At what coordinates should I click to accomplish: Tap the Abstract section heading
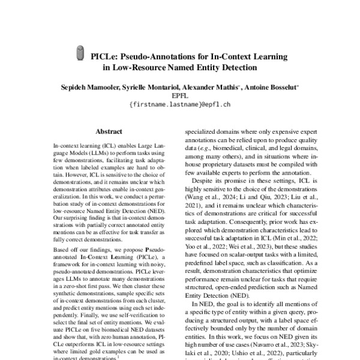coord(109,129)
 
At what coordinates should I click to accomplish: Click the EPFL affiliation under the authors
coord(180,95)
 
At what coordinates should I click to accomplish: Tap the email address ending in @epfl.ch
coord(180,104)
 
